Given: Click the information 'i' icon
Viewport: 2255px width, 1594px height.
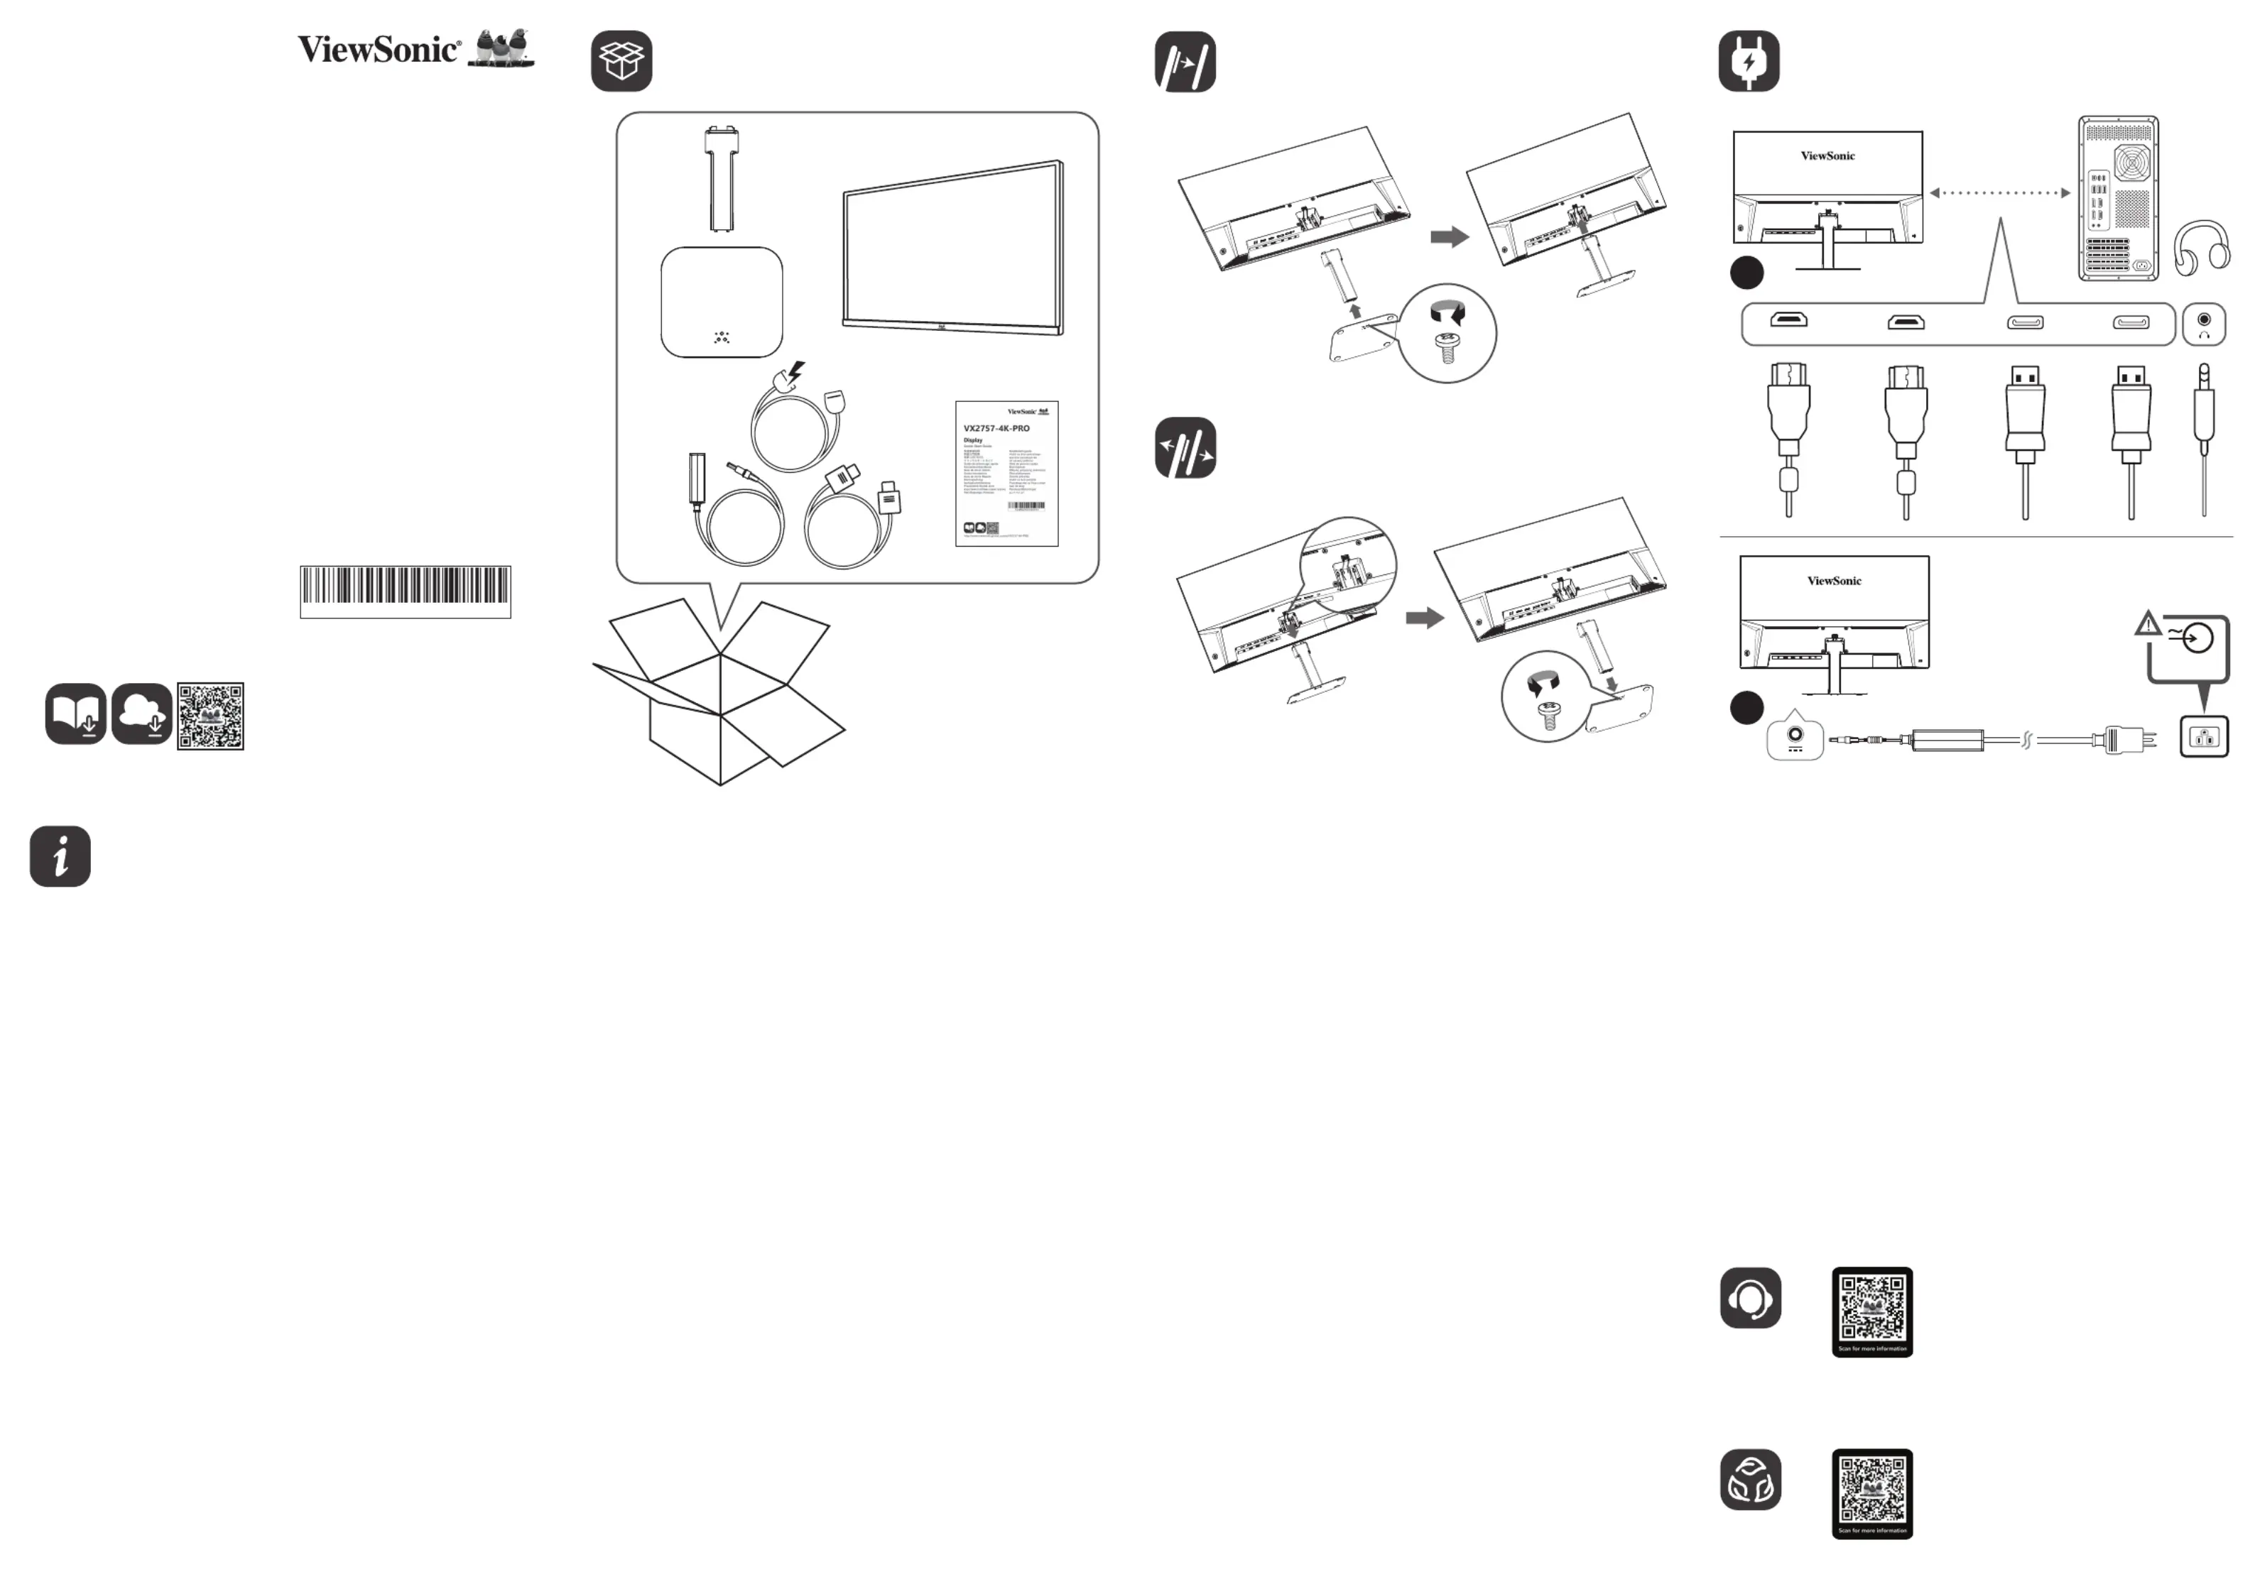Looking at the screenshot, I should click(x=60, y=856).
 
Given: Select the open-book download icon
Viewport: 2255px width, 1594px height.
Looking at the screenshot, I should click(x=75, y=714).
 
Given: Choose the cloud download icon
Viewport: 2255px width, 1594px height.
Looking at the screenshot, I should click(x=141, y=714).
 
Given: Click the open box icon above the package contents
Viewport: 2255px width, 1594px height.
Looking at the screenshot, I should click(x=621, y=61).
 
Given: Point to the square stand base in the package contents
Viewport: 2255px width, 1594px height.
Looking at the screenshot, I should click(x=722, y=302).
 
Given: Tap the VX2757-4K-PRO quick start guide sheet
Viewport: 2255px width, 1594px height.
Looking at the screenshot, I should click(x=1006, y=474).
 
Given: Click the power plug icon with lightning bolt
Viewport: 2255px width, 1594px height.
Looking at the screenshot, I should click(x=1748, y=61).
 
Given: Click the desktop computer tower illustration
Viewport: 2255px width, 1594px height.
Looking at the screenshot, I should click(x=2117, y=198).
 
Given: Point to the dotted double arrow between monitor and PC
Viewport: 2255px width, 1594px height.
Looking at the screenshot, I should click(x=1999, y=192).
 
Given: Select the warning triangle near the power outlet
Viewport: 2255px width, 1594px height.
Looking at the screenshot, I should click(x=2148, y=623).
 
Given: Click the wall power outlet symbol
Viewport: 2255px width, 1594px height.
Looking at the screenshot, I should click(x=2204, y=736).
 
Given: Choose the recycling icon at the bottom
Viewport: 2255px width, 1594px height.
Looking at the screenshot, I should click(x=1750, y=1479).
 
